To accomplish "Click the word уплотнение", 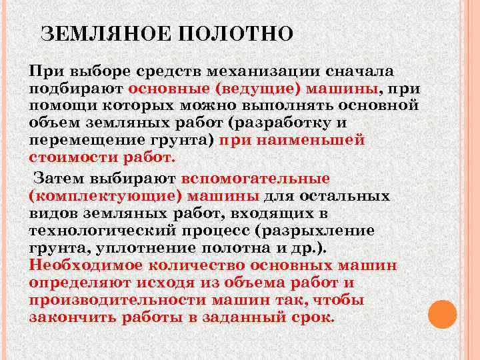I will [139, 248].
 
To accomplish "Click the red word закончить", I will [71, 317].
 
